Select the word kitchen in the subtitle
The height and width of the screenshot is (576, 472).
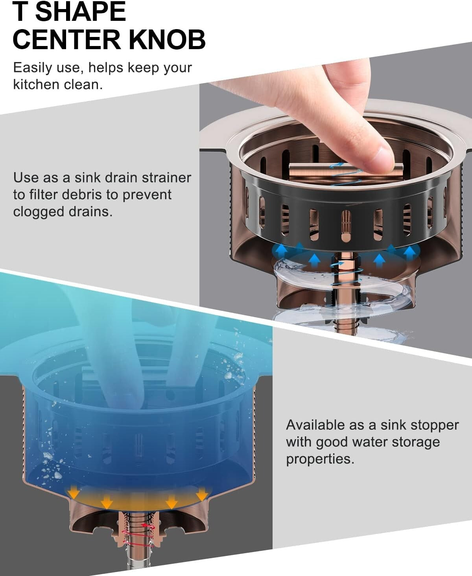coord(35,85)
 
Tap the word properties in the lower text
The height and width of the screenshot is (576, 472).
coord(320,459)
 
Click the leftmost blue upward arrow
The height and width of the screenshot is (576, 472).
coord(281,250)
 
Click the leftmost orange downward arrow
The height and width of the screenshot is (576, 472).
coord(73,491)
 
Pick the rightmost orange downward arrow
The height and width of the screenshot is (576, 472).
coord(202,494)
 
